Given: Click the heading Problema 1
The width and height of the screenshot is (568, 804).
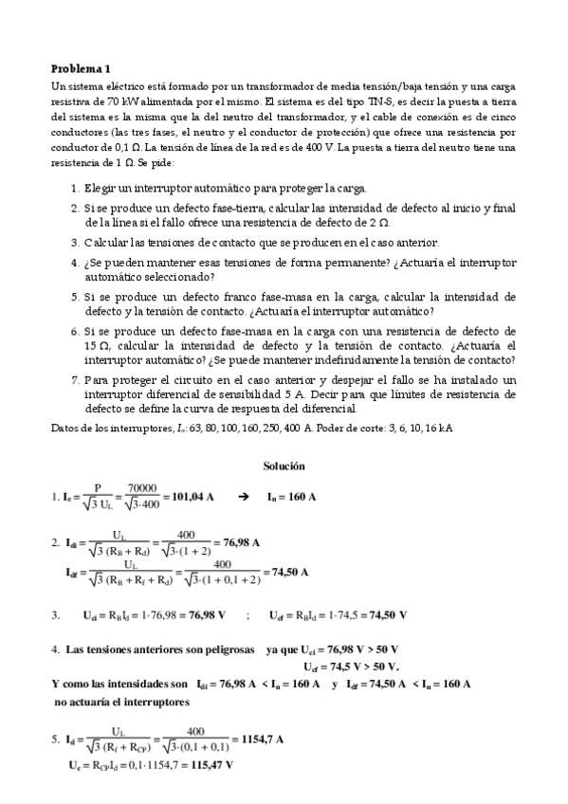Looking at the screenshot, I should (x=81, y=68).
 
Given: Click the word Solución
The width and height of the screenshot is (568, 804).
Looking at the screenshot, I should (x=284, y=466).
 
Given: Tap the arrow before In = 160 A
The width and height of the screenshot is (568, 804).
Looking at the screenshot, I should (x=243, y=496).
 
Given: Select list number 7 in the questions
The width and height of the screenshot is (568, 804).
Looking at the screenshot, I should (x=74, y=380).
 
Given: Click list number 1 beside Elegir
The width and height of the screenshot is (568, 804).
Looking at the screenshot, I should (x=74, y=188).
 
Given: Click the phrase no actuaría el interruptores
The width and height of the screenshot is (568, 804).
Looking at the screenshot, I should (x=123, y=703).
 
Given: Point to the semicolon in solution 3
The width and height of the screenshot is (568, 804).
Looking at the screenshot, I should (x=247, y=615).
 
